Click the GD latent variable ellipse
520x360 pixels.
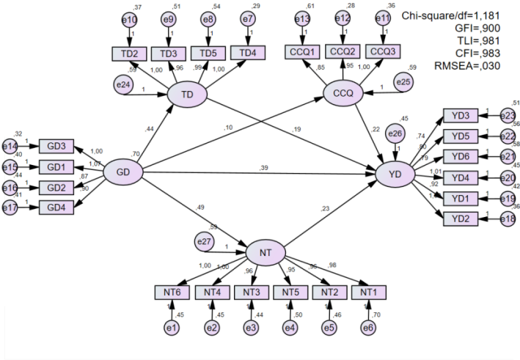pyautogui.click(x=122, y=173)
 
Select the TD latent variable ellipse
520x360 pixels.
pyautogui.click(x=187, y=95)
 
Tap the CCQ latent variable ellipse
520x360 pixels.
pyautogui.click(x=344, y=94)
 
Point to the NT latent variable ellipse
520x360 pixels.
pyautogui.click(x=266, y=253)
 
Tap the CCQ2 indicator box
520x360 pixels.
pyautogui.click(x=343, y=51)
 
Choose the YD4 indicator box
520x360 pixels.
pyautogui.click(x=461, y=177)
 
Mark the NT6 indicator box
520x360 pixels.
pyautogui.click(x=172, y=293)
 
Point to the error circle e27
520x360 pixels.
pyautogui.click(x=205, y=241)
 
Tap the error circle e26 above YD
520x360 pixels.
pyautogui.click(x=396, y=133)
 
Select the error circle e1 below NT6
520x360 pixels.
pyautogui.click(x=172, y=328)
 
